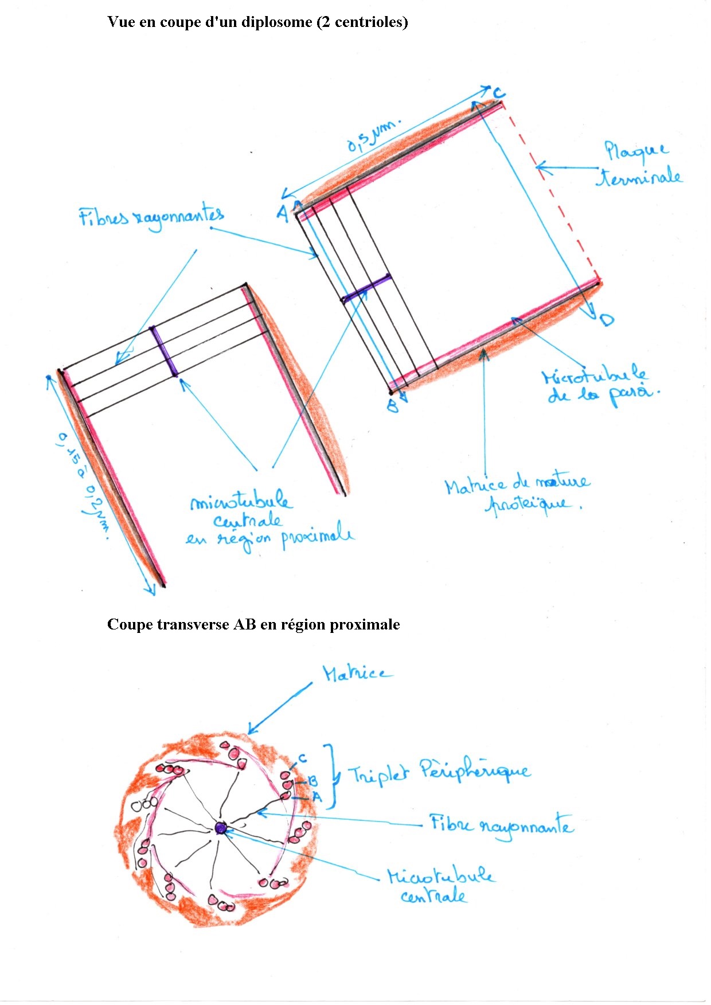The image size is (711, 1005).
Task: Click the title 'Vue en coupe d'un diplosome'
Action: pyautogui.click(x=257, y=22)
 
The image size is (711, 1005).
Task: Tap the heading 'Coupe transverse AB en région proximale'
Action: pyautogui.click(x=253, y=624)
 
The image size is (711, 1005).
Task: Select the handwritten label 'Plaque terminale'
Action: pyautogui.click(x=639, y=165)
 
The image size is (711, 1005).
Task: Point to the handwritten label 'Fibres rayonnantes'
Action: pyautogui.click(x=151, y=217)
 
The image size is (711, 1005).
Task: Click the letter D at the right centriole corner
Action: pyautogui.click(x=606, y=320)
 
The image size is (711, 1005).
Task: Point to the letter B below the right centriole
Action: pyautogui.click(x=392, y=406)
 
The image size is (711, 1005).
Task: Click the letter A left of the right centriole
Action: pyautogui.click(x=283, y=213)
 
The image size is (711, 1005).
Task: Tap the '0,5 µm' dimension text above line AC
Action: pyautogui.click(x=373, y=136)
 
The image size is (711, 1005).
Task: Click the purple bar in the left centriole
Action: pyautogui.click(x=163, y=351)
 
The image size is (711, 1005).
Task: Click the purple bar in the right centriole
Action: pyautogui.click(x=367, y=288)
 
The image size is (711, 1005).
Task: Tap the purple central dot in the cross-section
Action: pyautogui.click(x=221, y=827)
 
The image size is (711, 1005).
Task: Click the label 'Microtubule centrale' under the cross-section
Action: pyautogui.click(x=439, y=886)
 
